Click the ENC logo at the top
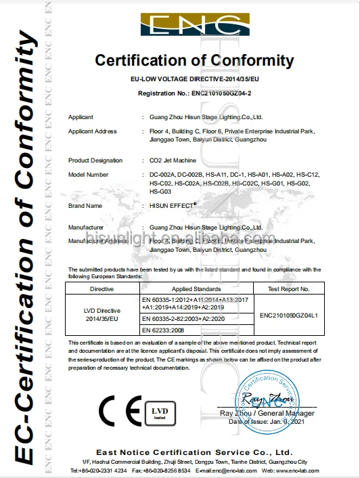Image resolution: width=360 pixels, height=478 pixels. [x=194, y=26]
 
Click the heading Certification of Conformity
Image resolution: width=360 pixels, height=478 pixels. [x=195, y=60]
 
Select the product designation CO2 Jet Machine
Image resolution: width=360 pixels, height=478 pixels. [x=173, y=160]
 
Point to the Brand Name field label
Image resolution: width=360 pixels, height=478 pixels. [x=85, y=205]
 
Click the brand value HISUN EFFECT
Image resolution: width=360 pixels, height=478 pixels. [x=173, y=204]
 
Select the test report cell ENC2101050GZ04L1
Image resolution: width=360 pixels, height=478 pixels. [x=289, y=315]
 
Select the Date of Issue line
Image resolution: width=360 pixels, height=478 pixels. [x=268, y=421]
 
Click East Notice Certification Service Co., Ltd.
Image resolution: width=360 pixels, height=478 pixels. [x=194, y=452]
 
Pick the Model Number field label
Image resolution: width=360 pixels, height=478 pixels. [x=89, y=175]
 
